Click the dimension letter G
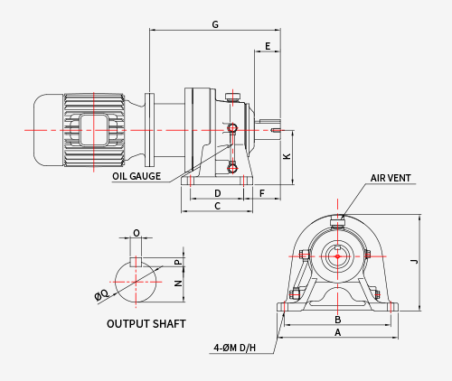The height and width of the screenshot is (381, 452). [x=215, y=24]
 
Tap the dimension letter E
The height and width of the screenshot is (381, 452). [x=268, y=46]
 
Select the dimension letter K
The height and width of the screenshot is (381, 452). [x=287, y=156]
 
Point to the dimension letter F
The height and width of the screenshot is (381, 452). [x=262, y=193]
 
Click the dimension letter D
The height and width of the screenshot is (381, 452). [x=218, y=193]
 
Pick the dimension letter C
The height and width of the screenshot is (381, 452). [x=218, y=206]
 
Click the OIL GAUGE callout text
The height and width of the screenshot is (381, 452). [x=137, y=176]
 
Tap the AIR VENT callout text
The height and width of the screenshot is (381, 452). [x=391, y=178]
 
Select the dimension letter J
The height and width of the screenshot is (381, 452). [x=415, y=261]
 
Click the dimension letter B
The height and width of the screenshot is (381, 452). [x=338, y=320]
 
